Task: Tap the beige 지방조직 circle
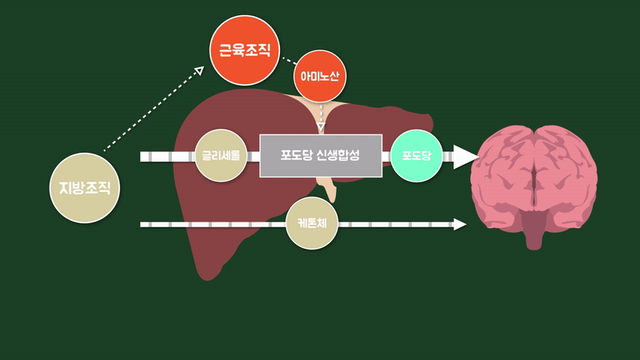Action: (84, 188)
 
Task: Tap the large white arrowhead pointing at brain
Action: (465, 156)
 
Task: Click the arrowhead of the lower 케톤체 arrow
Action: (460, 224)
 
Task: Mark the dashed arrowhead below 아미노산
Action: (321, 126)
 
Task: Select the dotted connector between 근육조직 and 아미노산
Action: (287, 59)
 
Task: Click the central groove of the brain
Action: (535, 164)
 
